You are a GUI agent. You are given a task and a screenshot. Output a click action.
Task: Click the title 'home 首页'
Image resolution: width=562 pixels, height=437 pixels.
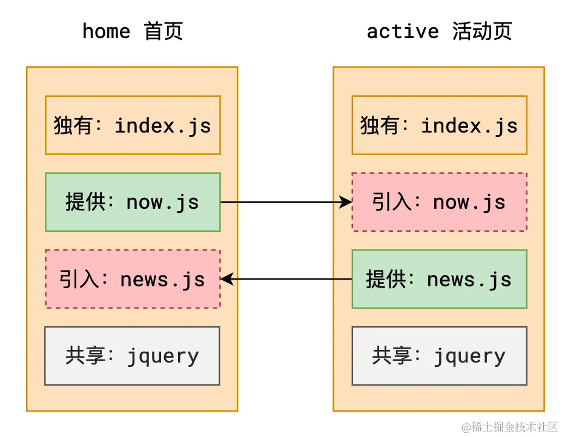(x=132, y=31)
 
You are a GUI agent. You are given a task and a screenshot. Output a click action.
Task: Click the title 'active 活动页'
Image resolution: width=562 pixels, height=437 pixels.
(x=439, y=31)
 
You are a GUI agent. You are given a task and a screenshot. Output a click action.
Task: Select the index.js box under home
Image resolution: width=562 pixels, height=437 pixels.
(x=133, y=125)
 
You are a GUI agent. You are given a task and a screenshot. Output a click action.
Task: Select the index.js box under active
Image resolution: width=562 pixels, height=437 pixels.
(x=439, y=125)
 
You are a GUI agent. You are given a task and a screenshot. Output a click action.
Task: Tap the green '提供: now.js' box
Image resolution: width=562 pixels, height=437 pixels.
(x=133, y=202)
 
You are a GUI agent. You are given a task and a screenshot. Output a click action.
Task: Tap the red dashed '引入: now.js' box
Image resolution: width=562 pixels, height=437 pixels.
(x=439, y=202)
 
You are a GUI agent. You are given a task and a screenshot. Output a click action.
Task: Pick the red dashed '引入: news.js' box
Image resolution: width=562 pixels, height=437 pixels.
(x=133, y=279)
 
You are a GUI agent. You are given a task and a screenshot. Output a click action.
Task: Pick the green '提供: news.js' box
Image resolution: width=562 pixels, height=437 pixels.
(x=439, y=279)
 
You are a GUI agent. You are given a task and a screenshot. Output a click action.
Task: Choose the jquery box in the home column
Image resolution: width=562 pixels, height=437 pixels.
(x=133, y=356)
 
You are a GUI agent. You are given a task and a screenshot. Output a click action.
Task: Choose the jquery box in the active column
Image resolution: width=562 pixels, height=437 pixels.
(x=439, y=356)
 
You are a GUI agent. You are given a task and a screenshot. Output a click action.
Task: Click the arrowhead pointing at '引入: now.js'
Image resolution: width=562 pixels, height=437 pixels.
(x=346, y=202)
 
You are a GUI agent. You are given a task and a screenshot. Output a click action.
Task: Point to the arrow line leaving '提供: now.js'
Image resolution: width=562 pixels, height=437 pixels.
(x=279, y=202)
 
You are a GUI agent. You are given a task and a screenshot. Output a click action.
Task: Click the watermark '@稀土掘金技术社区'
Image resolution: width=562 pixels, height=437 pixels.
(x=509, y=427)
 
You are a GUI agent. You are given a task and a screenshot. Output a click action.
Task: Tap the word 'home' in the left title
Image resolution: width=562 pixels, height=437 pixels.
(x=106, y=31)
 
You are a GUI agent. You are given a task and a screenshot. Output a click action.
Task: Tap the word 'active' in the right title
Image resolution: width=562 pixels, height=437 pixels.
(x=402, y=31)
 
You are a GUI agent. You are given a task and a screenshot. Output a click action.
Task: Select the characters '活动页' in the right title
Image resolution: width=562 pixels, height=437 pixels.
(x=482, y=31)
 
